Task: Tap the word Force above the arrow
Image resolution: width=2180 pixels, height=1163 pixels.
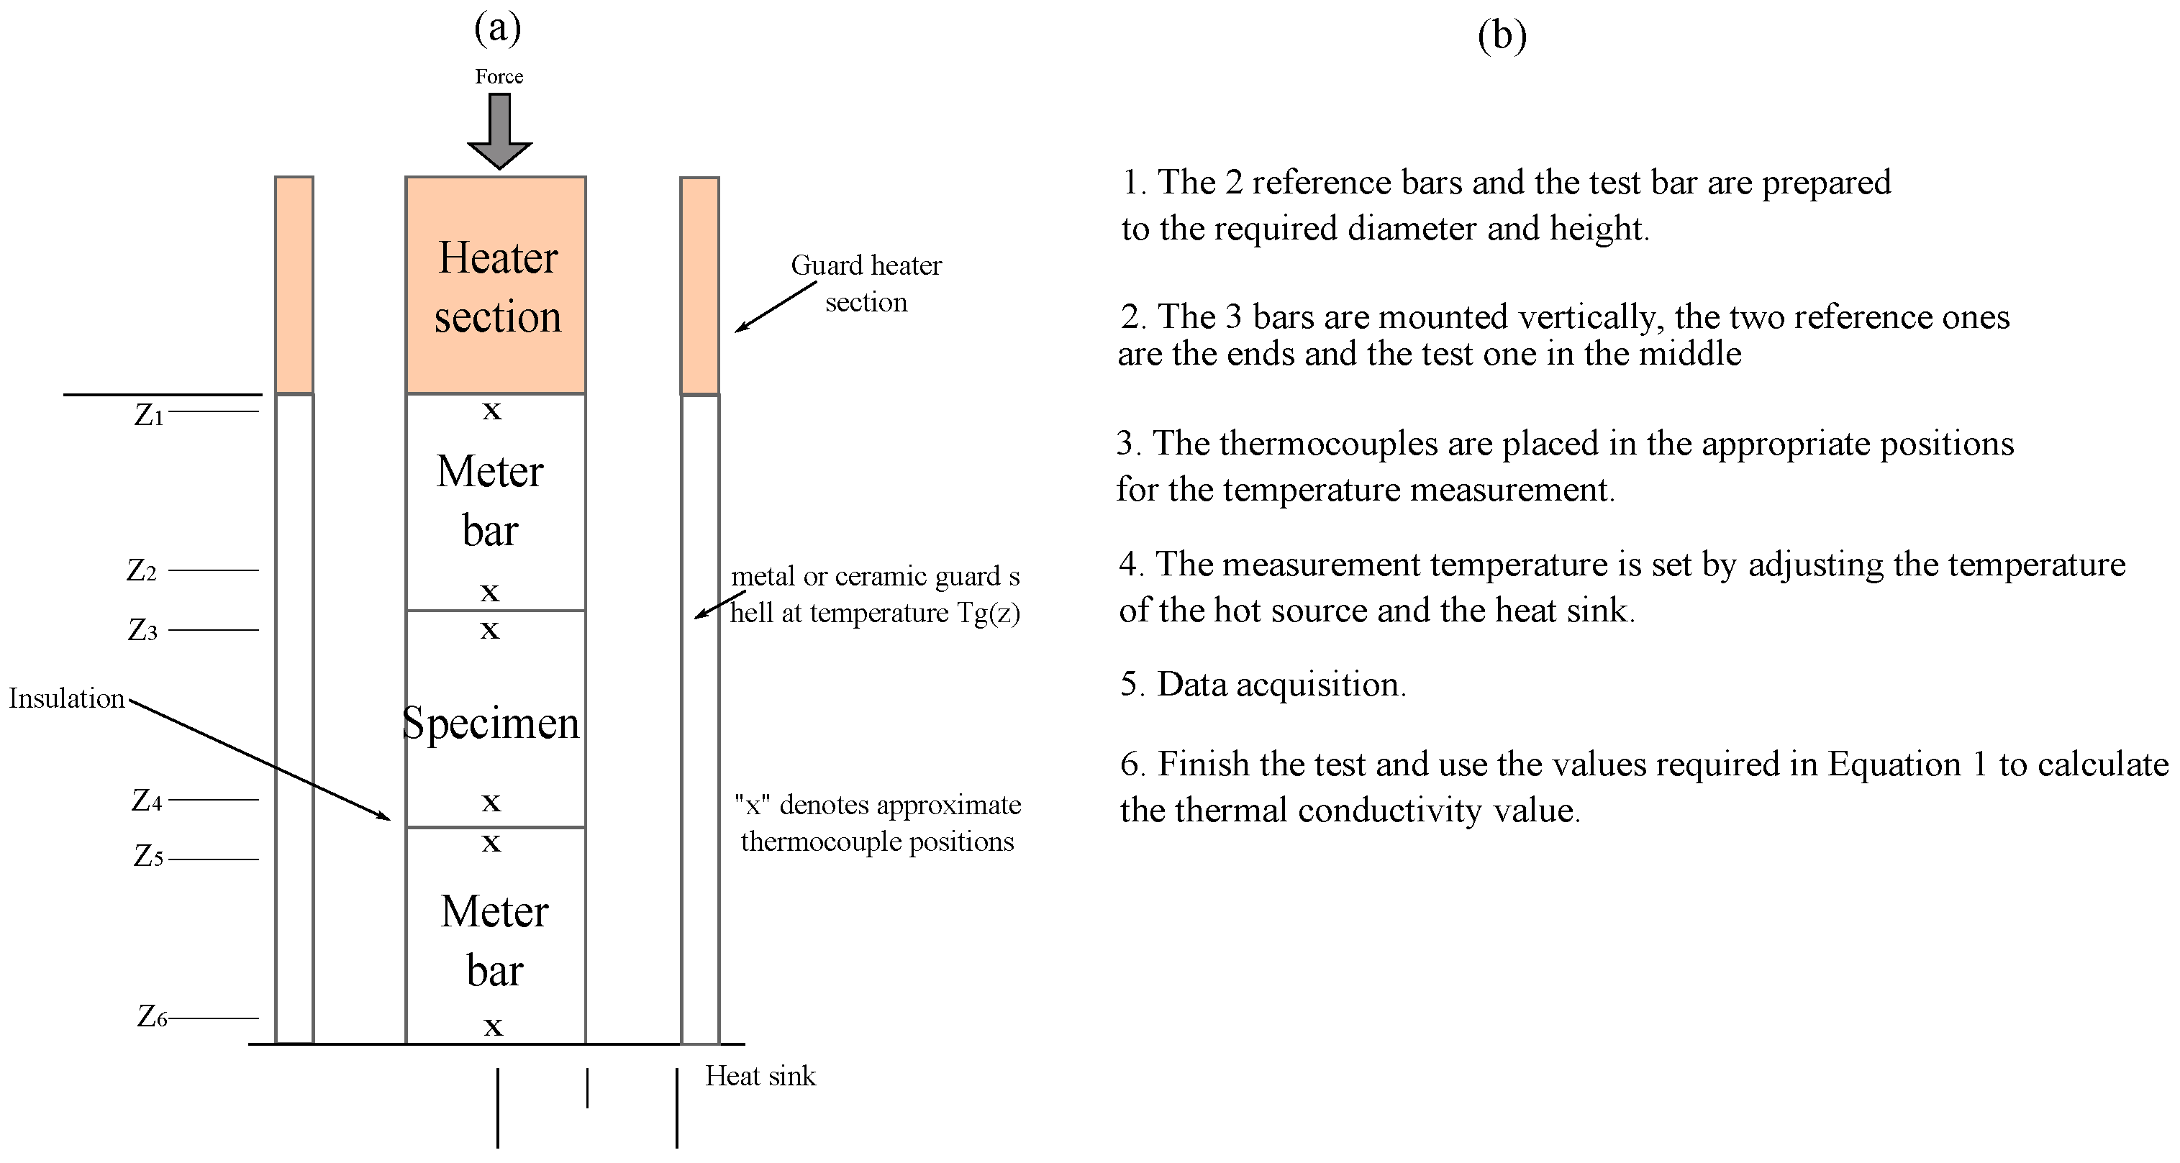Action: (x=499, y=77)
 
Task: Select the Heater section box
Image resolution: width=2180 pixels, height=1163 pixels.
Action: (x=496, y=285)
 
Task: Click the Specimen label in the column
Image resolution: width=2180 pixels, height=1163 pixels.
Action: (x=491, y=723)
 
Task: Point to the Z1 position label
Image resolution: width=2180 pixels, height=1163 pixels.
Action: (x=149, y=415)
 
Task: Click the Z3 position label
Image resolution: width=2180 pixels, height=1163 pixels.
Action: (x=142, y=631)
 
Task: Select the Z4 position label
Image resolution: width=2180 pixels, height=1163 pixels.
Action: (x=146, y=800)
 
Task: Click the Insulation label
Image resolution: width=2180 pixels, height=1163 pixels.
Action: (x=67, y=698)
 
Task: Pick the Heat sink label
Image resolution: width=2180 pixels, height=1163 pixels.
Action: (x=760, y=1076)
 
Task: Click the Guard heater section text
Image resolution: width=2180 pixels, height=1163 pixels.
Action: (x=866, y=283)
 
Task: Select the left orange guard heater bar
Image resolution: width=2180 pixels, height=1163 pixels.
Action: (x=294, y=285)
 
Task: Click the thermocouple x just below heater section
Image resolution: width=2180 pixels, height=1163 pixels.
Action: (x=491, y=412)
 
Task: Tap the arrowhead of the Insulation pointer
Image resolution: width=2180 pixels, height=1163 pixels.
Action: (x=385, y=817)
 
